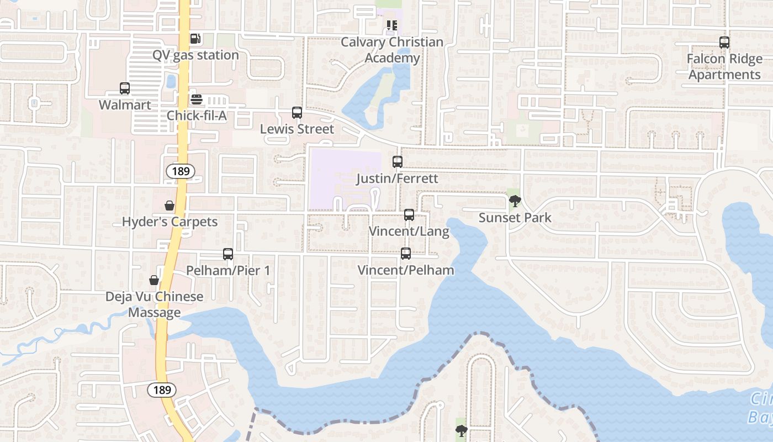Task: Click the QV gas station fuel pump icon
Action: coord(194,38)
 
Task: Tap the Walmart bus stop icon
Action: coord(125,88)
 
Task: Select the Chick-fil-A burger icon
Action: coord(197,99)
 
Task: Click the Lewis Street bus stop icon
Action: coord(297,113)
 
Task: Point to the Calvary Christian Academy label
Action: coord(392,50)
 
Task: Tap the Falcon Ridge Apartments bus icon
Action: coord(724,42)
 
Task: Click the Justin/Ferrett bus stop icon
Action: coord(398,162)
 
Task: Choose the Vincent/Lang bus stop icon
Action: coord(409,215)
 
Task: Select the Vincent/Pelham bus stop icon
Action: coord(406,254)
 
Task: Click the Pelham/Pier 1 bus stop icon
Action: coord(228,254)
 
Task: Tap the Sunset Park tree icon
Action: coord(515,201)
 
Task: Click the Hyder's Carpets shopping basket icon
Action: coord(170,206)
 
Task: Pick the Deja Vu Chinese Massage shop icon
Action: coord(154,280)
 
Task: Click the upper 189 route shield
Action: coord(181,171)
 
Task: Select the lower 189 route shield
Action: coord(162,390)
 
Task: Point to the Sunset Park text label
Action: coord(515,218)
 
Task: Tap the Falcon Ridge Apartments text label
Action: coord(724,67)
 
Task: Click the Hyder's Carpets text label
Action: coord(170,222)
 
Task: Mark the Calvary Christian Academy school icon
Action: coord(392,25)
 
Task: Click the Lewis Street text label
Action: coord(297,129)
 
